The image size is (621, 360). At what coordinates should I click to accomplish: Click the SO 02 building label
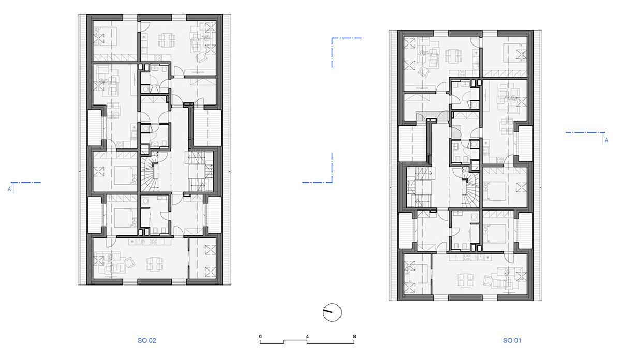click(147, 340)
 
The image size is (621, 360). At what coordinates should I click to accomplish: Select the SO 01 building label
click(512, 340)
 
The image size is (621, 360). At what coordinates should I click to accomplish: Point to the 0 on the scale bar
click(260, 336)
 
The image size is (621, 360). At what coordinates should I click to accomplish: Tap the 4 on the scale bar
click(307, 336)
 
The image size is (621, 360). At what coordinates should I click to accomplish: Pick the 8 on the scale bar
click(354, 336)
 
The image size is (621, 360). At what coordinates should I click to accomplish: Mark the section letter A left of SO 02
click(9, 189)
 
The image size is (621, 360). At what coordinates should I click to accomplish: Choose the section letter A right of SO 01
click(607, 140)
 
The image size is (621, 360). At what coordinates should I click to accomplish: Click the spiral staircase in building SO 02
click(150, 174)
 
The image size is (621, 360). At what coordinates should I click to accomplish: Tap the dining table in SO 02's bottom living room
click(155, 264)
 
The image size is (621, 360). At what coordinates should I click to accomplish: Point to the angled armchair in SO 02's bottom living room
click(129, 262)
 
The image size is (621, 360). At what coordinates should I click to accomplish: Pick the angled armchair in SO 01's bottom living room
click(488, 281)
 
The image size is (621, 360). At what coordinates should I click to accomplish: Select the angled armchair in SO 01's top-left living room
click(423, 72)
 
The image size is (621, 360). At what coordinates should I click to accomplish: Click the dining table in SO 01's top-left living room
click(453, 56)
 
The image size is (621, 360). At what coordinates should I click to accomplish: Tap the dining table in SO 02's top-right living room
click(167, 40)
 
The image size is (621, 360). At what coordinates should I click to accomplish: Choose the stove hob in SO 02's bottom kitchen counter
click(153, 242)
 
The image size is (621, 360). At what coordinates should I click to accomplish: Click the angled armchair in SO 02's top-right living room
click(201, 58)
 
